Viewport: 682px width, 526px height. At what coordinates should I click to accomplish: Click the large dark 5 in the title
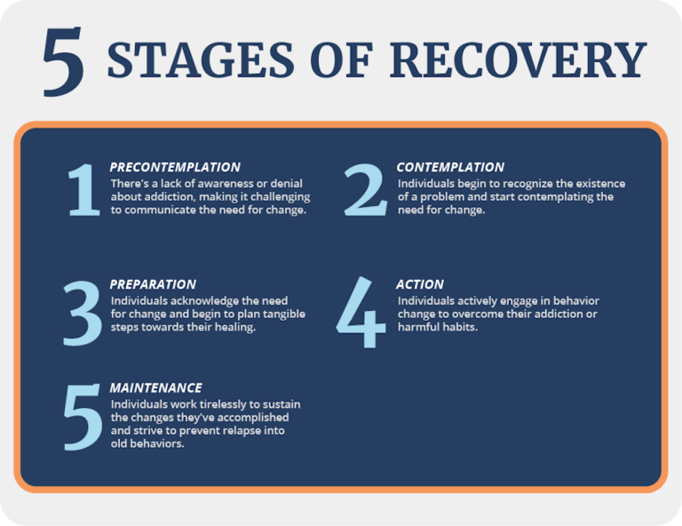coord(63,60)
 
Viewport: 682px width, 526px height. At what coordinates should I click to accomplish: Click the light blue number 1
coord(84,190)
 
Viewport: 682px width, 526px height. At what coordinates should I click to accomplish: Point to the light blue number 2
coord(365,190)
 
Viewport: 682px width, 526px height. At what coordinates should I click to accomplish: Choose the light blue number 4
coord(361,314)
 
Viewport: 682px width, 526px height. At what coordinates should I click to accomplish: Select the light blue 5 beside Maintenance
coord(83,418)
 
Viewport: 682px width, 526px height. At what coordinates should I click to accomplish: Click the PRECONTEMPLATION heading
coord(175,167)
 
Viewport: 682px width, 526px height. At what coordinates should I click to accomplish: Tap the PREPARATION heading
coord(153,284)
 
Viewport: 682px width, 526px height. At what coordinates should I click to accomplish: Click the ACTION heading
coord(420,284)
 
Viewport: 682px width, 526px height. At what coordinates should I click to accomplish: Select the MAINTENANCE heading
coord(155,388)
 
